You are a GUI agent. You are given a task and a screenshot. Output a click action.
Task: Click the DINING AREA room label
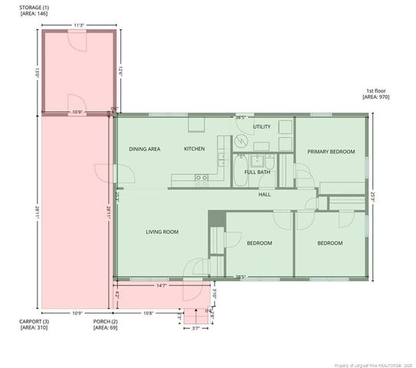pos(144,149)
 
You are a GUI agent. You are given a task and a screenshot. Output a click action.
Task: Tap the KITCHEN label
pos(194,149)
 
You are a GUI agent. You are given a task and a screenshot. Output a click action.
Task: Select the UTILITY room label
pos(261,127)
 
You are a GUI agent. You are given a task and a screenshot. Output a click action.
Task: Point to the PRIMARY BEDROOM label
pos(331,152)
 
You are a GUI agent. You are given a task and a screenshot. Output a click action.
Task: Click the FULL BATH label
pos(257,172)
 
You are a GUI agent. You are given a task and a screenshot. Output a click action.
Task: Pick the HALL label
pos(264,194)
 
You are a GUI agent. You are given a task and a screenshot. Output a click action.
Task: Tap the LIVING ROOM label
pos(162,232)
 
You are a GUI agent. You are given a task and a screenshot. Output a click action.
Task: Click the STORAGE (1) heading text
pos(34,8)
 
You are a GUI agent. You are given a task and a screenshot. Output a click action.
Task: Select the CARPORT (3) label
pos(34,322)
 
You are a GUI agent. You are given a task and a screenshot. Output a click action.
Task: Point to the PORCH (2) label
pos(105,322)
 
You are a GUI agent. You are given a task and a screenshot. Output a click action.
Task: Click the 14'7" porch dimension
pos(161,285)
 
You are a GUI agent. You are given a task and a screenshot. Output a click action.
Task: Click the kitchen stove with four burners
pos(201,180)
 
